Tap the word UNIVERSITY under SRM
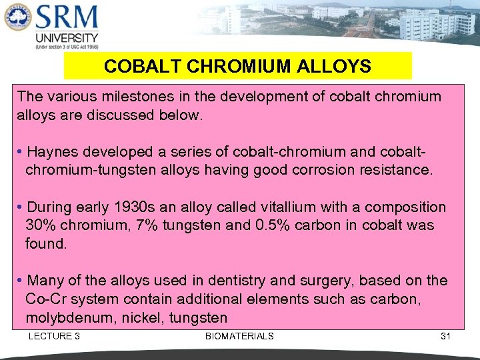tap(67, 38)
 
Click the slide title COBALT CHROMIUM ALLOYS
tap(237, 67)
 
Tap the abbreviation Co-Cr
tap(46, 299)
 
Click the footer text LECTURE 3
tap(54, 336)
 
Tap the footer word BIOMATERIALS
tap(239, 336)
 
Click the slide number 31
tap(445, 336)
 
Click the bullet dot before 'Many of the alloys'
tap(21, 281)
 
